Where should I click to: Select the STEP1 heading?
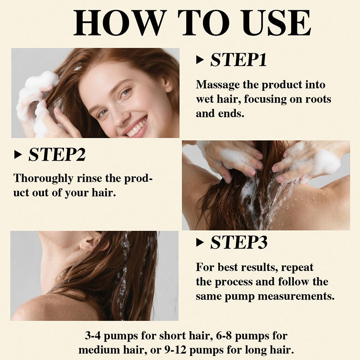(238, 60)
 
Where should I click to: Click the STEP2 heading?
(57, 154)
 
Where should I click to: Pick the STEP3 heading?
(239, 242)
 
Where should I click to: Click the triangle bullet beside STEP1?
(200, 60)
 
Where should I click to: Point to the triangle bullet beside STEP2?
(18, 154)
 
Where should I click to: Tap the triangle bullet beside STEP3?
(200, 242)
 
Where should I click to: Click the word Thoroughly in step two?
(43, 179)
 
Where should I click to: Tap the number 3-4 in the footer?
(93, 336)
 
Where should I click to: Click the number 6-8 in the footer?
(224, 336)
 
